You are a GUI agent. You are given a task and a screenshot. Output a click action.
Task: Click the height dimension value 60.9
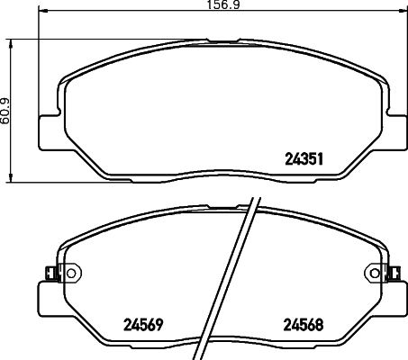[6, 109]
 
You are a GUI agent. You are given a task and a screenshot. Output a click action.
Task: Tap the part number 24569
[141, 325]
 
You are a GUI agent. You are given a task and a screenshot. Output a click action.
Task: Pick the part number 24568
[304, 325]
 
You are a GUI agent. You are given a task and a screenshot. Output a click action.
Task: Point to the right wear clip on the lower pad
[396, 270]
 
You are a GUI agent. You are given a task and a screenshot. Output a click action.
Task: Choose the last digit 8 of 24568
[320, 325]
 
